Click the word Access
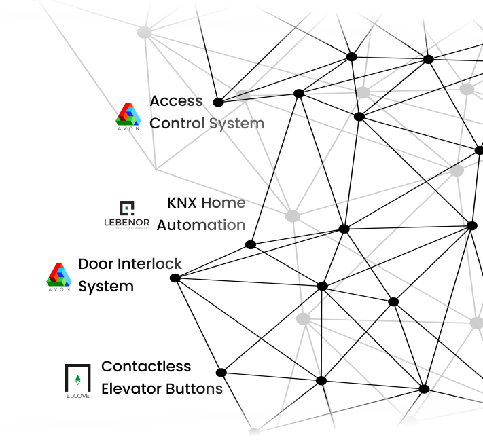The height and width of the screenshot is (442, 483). (176, 101)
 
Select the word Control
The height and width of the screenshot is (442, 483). (177, 124)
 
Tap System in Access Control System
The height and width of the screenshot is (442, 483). (236, 124)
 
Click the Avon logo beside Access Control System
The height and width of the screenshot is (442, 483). (128, 116)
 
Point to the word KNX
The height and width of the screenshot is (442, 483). (181, 202)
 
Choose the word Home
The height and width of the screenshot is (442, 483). (223, 202)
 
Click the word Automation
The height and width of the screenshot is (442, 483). (201, 225)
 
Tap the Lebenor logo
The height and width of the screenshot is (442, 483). (127, 215)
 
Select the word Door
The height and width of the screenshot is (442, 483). (96, 263)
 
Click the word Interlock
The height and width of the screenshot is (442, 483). (149, 263)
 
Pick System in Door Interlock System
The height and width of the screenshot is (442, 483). (105, 286)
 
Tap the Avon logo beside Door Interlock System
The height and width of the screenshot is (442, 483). (58, 277)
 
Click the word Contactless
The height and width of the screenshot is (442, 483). (146, 366)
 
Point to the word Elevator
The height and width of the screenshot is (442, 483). (130, 388)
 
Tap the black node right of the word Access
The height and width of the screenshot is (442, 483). (218, 103)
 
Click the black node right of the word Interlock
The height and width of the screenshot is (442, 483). (175, 278)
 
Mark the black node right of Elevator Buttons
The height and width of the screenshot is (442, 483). (221, 372)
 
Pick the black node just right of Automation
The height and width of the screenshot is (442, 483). (251, 244)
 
